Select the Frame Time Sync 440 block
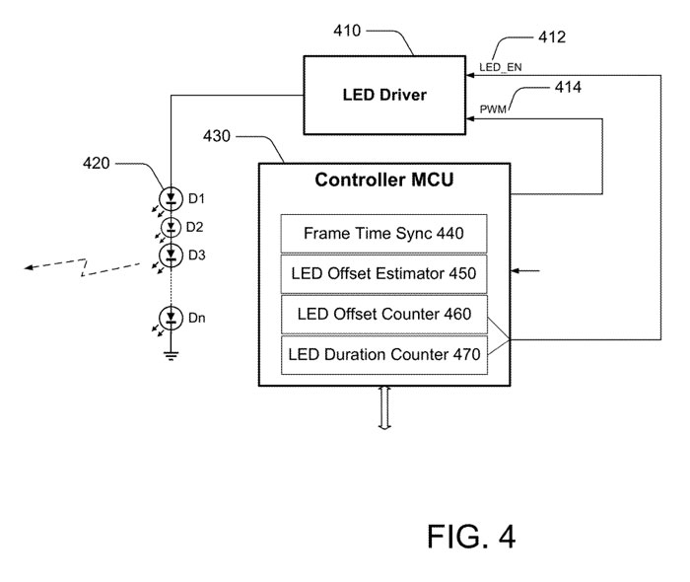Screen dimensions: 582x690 coord(383,234)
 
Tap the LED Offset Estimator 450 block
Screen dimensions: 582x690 coord(383,274)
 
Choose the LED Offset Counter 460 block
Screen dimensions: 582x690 coord(383,315)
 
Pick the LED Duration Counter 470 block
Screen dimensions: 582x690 coord(383,355)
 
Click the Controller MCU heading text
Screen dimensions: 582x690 coord(382,181)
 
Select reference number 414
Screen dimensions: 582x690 coord(568,88)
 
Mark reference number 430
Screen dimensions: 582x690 coord(219,132)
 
